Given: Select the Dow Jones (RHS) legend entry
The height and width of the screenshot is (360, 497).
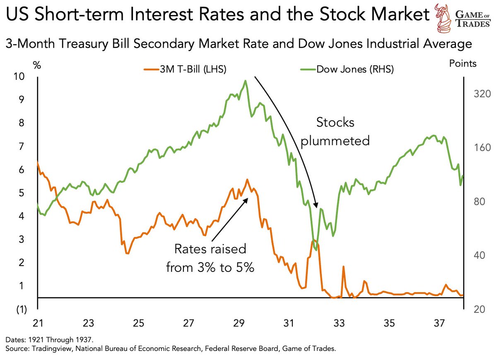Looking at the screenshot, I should tap(347, 69).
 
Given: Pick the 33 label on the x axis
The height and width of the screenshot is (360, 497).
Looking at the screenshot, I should tap(339, 322).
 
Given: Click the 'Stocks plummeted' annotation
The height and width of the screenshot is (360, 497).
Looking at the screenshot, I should tap(335, 132).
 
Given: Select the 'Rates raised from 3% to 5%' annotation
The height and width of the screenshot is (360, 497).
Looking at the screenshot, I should tap(210, 258).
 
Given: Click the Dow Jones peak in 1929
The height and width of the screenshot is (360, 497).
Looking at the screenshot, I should tap(246, 81).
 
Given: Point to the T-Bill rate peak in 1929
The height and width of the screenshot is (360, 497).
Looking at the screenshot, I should tap(247, 180).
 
